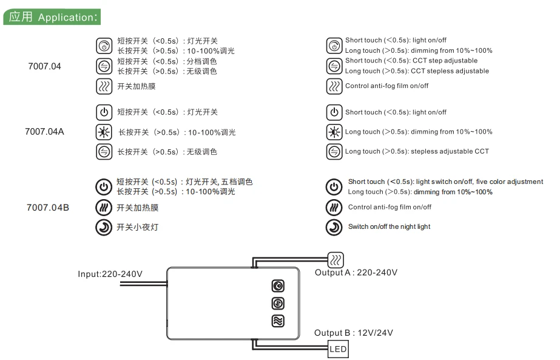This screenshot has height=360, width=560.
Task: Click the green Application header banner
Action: click(52, 17)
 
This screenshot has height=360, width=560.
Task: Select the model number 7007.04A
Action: click(44, 132)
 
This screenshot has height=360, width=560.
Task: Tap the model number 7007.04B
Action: click(48, 208)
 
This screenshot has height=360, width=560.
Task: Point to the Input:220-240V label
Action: click(110, 274)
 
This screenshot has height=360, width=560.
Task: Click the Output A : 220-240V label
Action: click(356, 273)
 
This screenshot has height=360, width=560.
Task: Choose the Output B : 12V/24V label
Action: click(354, 333)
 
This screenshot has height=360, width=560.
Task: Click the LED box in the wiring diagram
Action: click(338, 349)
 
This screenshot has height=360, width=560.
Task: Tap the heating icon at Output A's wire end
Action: click(336, 260)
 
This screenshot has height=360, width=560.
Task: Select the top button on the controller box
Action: click(278, 286)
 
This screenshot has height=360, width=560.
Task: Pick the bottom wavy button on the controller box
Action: click(278, 321)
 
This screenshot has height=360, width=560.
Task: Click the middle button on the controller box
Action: click(278, 303)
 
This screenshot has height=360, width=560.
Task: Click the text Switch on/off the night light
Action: click(389, 226)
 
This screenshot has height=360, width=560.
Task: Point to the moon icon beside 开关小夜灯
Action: click(104, 227)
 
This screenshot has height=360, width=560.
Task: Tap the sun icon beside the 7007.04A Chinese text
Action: click(104, 132)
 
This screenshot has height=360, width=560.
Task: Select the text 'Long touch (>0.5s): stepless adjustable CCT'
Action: click(417, 151)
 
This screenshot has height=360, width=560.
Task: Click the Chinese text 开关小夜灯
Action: click(138, 227)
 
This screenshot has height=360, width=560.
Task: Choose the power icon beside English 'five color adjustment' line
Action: click(334, 186)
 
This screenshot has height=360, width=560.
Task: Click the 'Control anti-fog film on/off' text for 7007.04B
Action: click(390, 207)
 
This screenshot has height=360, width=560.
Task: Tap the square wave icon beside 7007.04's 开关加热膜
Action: click(104, 86)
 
